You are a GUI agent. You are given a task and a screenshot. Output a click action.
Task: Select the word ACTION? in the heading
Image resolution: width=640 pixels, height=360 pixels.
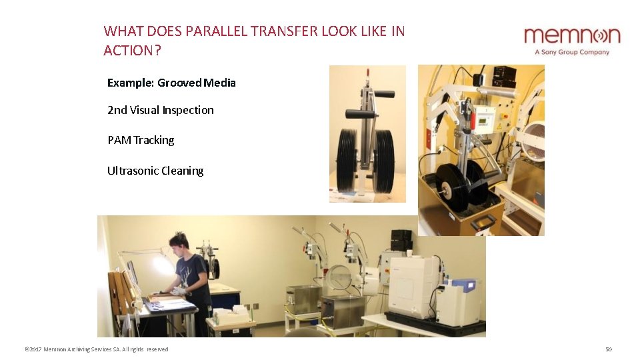coord(133,51)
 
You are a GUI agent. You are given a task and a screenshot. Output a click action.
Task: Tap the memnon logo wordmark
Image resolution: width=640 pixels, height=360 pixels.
coord(571,36)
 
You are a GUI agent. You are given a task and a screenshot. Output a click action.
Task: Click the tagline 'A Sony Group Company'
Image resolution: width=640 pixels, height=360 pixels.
coord(572,52)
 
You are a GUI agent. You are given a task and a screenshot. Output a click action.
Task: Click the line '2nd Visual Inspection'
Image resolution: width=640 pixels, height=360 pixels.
coord(161,110)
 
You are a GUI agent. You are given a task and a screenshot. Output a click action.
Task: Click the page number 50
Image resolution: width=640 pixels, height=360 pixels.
coord(608,349)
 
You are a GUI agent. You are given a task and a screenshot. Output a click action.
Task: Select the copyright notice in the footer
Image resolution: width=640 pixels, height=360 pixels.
coord(96,349)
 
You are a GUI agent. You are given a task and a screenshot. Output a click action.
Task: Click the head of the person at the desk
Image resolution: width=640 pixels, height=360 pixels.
coord(178,242)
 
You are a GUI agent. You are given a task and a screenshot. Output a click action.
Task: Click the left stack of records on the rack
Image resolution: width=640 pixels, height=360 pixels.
coord(346,159)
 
